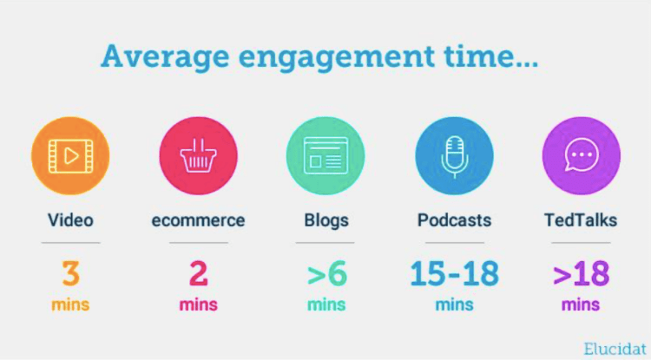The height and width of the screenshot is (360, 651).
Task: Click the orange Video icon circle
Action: point(70,156)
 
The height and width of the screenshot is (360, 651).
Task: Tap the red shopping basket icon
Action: point(198,156)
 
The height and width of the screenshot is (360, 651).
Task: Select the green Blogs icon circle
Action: point(325,156)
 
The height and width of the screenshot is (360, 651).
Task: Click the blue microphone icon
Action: point(454,156)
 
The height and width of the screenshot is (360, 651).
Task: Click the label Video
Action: point(70,220)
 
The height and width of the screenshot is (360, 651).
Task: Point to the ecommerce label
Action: point(198,220)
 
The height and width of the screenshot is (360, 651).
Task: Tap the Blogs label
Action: point(325,220)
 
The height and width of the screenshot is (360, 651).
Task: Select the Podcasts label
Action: point(454,220)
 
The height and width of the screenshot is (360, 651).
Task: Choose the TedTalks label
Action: point(581,220)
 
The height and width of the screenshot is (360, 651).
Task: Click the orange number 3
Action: point(70,273)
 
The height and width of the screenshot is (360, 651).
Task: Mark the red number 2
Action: point(198,273)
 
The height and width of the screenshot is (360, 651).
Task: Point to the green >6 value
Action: point(325,274)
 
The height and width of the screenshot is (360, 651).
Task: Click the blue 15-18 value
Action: point(454,273)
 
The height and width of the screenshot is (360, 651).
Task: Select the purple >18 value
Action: point(581,274)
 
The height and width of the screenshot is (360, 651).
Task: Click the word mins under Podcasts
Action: point(454,304)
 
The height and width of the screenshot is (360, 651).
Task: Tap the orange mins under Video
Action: point(70,304)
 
